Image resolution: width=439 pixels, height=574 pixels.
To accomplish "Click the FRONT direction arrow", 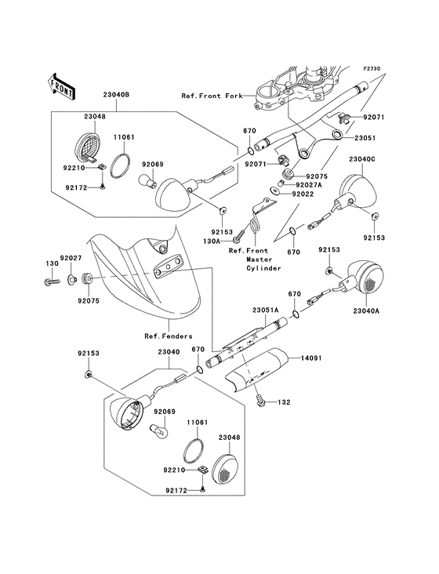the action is (x=61, y=87).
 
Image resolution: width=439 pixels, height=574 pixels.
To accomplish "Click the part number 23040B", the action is (x=116, y=95).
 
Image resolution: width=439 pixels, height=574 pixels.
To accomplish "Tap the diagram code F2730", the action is (x=372, y=68).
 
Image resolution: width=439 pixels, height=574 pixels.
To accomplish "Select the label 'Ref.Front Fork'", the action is (x=212, y=96).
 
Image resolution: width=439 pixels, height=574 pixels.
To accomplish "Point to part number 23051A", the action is (x=265, y=311).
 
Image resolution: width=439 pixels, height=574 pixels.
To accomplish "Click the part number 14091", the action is (x=311, y=358).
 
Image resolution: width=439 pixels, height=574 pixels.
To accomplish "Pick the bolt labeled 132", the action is (x=261, y=401).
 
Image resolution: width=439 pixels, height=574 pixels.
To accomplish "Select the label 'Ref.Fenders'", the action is (x=169, y=336).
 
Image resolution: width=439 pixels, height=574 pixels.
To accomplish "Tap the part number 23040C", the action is (x=362, y=160).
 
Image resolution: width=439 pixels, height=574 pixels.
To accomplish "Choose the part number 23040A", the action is (x=366, y=311).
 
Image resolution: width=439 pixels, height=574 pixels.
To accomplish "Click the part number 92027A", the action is (x=309, y=185).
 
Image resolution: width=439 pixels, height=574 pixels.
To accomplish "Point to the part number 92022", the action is (x=303, y=194).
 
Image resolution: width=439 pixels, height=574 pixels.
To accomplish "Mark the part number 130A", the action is (x=211, y=242).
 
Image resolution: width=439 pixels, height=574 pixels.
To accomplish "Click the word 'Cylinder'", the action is (x=263, y=268).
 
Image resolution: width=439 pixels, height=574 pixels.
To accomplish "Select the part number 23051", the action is (x=365, y=138).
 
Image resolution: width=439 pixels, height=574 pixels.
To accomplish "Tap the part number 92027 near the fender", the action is (x=71, y=259).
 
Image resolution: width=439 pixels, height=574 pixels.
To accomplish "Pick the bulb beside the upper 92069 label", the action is (x=147, y=180).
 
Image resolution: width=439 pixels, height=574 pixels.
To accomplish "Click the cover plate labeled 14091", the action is (x=256, y=371).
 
